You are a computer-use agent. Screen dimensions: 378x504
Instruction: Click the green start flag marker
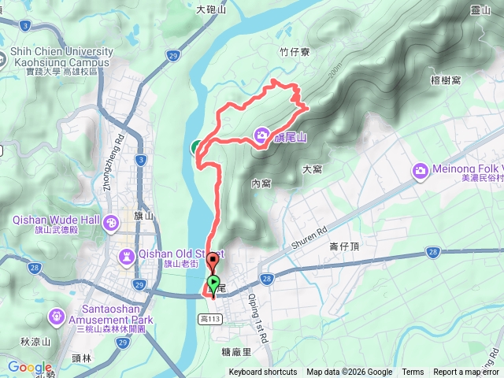[x=213, y=283]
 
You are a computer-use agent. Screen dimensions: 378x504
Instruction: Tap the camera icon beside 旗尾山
[x=261, y=136]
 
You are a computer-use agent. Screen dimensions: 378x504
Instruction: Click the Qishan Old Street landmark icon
[x=127, y=257]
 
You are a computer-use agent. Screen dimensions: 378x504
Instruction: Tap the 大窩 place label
[x=312, y=169]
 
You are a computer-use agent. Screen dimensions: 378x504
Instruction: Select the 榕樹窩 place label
[x=467, y=80]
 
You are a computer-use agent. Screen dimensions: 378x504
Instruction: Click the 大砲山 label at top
[x=210, y=9]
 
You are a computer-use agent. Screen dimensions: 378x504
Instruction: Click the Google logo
[x=29, y=367]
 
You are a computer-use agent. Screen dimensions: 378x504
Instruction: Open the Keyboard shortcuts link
[x=262, y=372]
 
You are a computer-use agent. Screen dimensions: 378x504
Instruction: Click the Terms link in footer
[x=413, y=372]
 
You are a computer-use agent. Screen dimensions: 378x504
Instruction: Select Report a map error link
[x=467, y=372]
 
